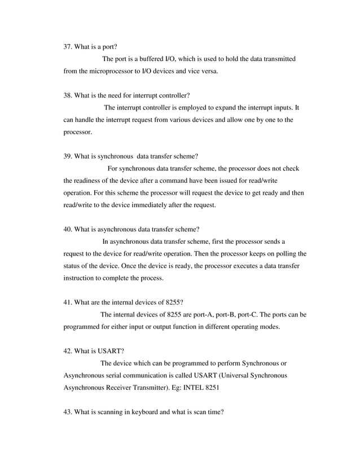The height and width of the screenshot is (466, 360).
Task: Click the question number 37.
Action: (68, 47)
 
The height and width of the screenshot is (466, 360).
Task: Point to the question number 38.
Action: (68, 95)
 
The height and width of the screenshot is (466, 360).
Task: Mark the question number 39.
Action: (68, 156)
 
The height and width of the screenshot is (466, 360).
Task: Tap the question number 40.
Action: (68, 229)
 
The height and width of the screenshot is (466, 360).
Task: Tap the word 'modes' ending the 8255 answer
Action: (269, 327)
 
